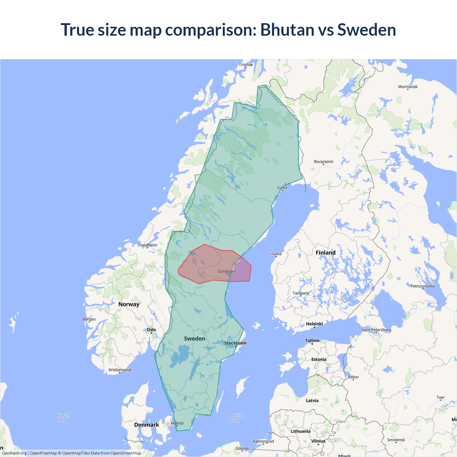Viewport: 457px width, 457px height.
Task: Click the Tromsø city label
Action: coord(245,65)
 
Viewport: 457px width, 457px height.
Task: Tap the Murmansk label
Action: coord(408,87)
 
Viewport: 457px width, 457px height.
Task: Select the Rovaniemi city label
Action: coord(323,162)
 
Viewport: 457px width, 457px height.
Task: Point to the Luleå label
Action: coord(282,187)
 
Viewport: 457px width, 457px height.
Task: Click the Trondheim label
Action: coord(147,245)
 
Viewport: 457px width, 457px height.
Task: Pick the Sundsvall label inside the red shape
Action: coord(226,271)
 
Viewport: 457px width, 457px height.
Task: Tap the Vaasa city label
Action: coord(276,254)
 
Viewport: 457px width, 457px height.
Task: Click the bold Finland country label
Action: coord(325,253)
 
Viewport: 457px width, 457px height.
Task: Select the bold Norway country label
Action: coord(129,304)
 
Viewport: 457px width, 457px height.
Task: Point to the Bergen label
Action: coord(89,319)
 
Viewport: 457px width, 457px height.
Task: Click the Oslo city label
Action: coord(151,330)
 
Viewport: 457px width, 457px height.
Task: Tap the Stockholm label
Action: coord(235,343)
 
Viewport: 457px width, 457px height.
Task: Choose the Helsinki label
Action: coord(314,324)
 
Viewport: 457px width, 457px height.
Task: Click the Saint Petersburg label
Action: coord(376,330)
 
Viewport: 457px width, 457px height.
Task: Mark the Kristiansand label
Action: coord(120,370)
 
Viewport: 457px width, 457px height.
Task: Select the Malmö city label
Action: coord(177,423)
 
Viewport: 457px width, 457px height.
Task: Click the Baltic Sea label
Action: coord(235,418)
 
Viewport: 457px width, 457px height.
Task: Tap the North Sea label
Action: coord(62,418)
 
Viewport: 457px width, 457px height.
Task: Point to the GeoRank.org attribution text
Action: coord(14,453)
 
